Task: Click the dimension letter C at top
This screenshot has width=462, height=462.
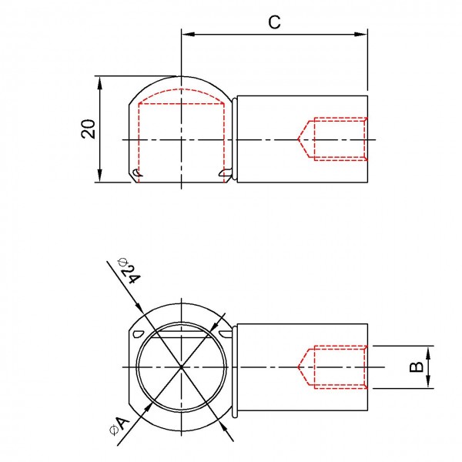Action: coord(274,22)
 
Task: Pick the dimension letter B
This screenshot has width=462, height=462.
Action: coord(416,367)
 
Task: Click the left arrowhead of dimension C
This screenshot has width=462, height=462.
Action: coord(186,34)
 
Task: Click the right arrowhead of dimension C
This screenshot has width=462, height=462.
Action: coord(362,34)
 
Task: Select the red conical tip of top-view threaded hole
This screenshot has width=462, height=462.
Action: coord(300,139)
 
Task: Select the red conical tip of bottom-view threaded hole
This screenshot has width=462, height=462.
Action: coord(300,367)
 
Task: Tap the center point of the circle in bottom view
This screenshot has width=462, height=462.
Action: coord(182,367)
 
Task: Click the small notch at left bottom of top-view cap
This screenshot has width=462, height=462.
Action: coord(136,172)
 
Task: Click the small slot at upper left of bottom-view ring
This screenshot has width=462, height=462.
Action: coord(139,333)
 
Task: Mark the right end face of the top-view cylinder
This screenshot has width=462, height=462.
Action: coord(368,139)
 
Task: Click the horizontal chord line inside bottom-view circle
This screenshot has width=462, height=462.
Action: coord(182,333)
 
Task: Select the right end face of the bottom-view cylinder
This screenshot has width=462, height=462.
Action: coord(368,367)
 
